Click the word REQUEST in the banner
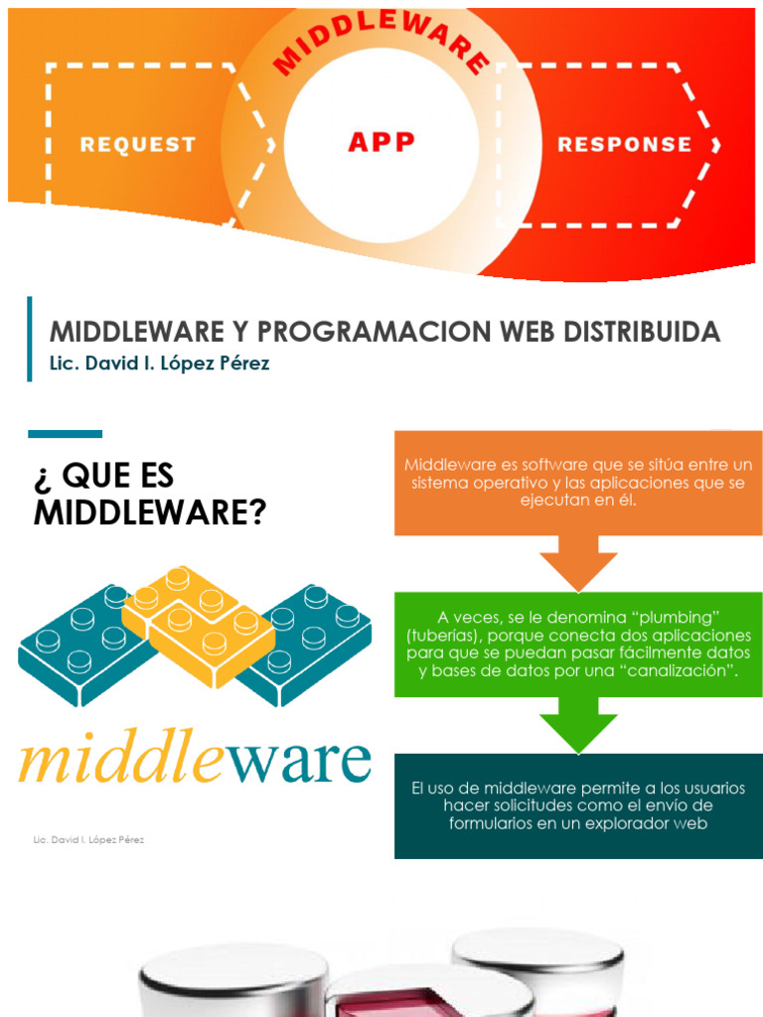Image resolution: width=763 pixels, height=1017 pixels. coord(138,144)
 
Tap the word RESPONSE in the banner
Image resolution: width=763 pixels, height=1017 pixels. coord(624,144)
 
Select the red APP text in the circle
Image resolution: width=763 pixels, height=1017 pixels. coord(381,141)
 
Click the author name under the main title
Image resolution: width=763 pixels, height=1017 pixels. coord(160,363)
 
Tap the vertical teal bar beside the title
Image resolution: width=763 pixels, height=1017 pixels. coord(30,339)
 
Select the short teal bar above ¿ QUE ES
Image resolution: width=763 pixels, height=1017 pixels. coord(65,434)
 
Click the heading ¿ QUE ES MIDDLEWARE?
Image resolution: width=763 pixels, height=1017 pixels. coord(149,494)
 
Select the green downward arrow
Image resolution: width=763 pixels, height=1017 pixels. coord(578,723)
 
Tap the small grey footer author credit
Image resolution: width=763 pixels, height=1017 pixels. coord(88,840)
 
